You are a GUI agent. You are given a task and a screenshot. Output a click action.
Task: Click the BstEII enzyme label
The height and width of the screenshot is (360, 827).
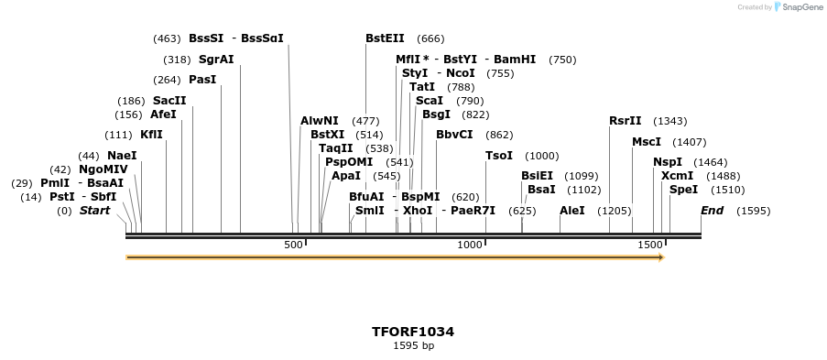pos(385,38)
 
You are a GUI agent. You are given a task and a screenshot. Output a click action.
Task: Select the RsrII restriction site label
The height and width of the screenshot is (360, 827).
pos(626,121)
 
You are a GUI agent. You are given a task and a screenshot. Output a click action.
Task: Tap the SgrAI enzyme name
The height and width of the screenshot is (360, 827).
pos(216,60)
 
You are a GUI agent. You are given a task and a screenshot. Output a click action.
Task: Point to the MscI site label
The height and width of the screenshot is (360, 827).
pos(647,142)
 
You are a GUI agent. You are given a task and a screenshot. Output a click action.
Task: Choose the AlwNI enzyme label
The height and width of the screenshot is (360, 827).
pos(320,121)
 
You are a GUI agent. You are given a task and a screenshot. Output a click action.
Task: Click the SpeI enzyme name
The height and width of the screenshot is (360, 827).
pos(684,190)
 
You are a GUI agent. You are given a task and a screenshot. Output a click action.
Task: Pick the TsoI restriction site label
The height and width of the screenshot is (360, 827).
pos(499,156)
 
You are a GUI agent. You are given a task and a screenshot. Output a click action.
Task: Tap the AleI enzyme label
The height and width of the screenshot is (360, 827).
pos(572,211)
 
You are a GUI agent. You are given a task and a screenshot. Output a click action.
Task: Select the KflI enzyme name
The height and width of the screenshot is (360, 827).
pos(151,135)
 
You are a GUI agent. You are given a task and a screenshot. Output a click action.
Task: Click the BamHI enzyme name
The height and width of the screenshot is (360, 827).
pos(515,60)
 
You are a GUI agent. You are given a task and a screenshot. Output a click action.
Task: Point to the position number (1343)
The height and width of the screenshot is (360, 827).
pos(670,121)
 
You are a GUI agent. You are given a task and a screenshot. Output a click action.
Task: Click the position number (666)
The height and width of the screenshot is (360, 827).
pos(430,38)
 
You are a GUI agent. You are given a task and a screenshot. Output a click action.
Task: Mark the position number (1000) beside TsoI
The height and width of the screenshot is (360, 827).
pos(541,156)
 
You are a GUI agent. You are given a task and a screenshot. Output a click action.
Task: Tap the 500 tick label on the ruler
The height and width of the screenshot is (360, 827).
pos(293,245)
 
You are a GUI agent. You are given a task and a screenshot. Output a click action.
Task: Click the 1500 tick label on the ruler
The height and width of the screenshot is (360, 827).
pos(649,245)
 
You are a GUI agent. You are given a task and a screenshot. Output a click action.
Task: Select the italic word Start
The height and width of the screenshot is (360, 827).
pos(94,211)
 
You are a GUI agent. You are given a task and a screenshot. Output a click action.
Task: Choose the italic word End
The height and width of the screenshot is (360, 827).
pos(712,211)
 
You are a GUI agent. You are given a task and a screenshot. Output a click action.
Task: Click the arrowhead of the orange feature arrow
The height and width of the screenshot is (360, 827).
pos(659,257)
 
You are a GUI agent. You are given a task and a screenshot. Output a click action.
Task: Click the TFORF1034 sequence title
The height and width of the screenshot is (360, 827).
pos(413,332)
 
